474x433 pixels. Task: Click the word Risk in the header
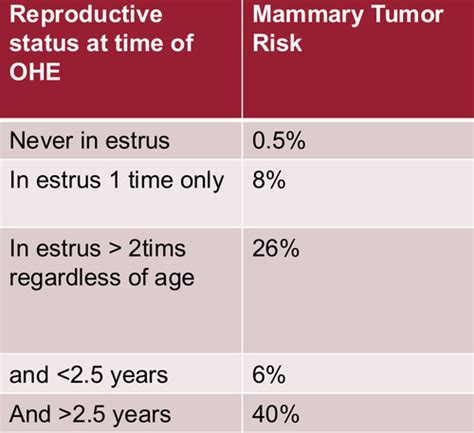[276, 46]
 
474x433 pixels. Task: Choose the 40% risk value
[275, 414]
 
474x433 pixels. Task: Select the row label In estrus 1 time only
[116, 182]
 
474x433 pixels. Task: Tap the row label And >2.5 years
[90, 414]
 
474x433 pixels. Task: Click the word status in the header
[40, 46]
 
